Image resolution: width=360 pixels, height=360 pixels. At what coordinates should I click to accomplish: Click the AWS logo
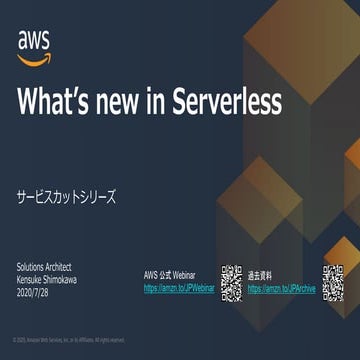click(x=34, y=46)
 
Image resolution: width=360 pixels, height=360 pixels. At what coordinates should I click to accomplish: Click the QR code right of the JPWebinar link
click(x=232, y=283)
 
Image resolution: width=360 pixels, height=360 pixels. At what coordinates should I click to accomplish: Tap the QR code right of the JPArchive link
click(x=334, y=283)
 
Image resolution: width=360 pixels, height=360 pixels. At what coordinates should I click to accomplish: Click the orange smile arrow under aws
click(x=34, y=58)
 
